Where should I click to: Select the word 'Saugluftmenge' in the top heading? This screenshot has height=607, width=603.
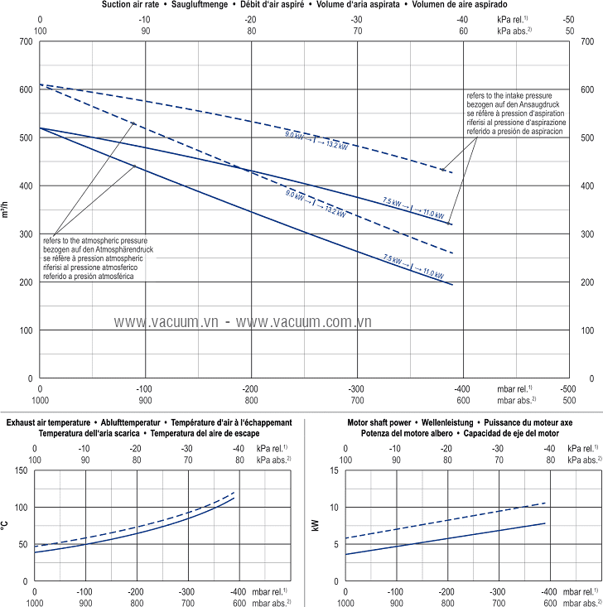point(205,5)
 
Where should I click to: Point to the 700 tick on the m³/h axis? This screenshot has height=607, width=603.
point(28,41)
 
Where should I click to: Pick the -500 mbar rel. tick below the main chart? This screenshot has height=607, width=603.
point(567,388)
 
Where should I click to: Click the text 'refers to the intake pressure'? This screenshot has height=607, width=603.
point(514,96)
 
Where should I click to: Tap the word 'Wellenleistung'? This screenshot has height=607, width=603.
point(461,422)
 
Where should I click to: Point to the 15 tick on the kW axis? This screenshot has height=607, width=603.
point(335,470)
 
